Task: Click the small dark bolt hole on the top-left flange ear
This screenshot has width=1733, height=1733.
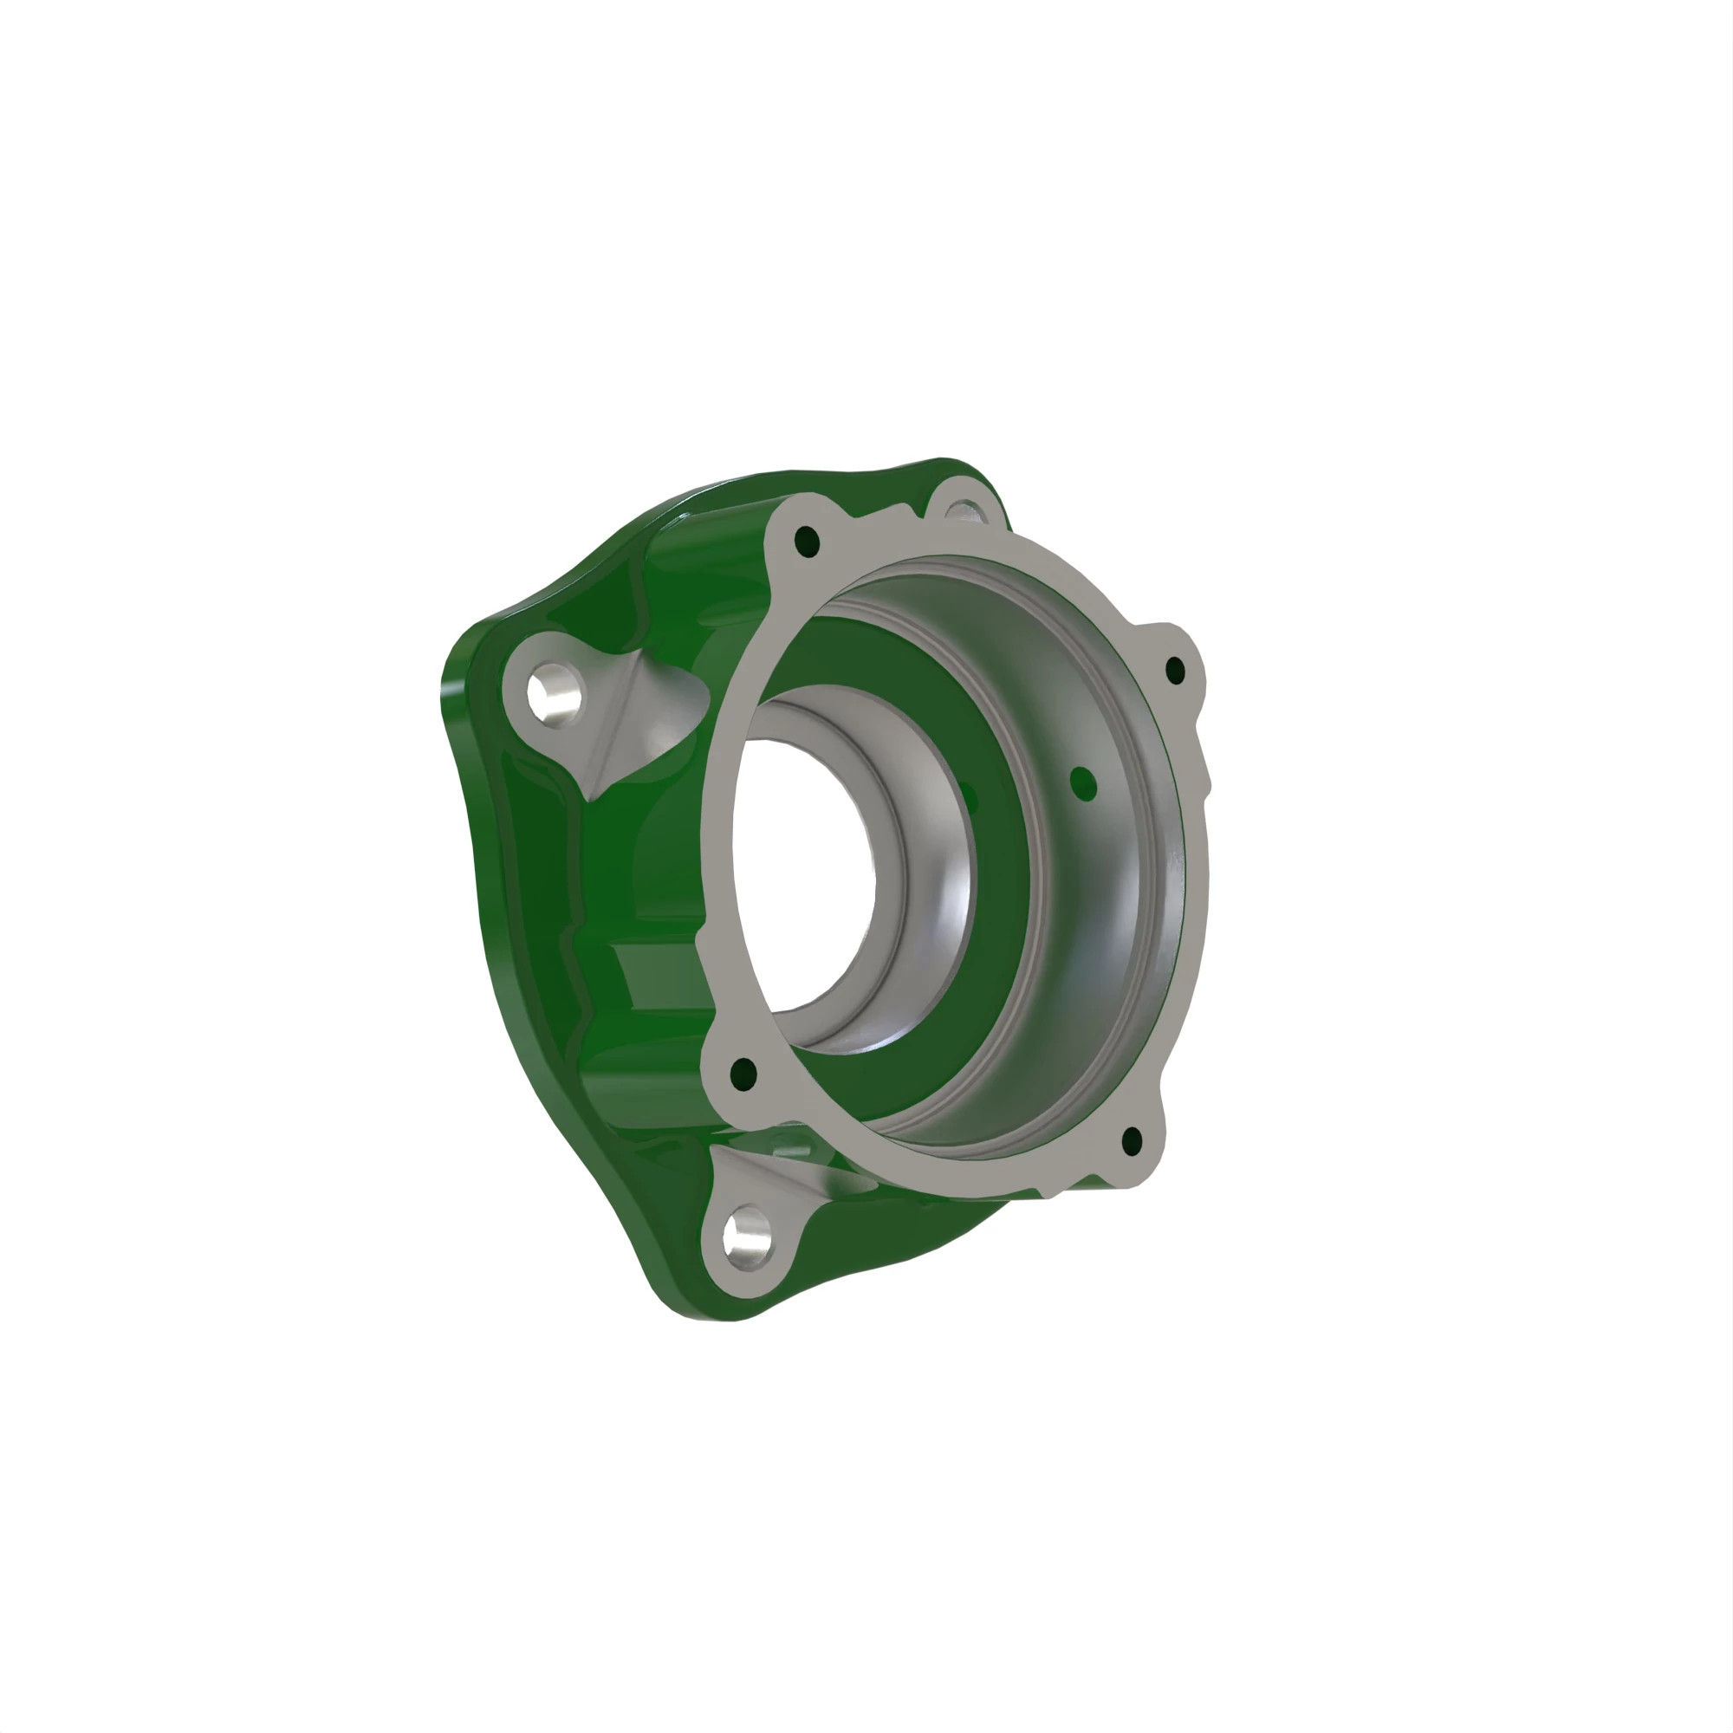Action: coord(807,541)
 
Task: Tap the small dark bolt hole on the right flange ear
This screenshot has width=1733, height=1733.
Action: coord(1175,670)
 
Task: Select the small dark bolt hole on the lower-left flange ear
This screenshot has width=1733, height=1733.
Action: coord(743,1074)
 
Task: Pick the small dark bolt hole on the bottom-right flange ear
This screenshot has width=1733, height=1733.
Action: coord(1132,1142)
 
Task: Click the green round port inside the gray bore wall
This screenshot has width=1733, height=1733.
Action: coord(1084,785)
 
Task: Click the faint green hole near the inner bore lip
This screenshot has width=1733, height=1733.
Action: coord(967,789)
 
